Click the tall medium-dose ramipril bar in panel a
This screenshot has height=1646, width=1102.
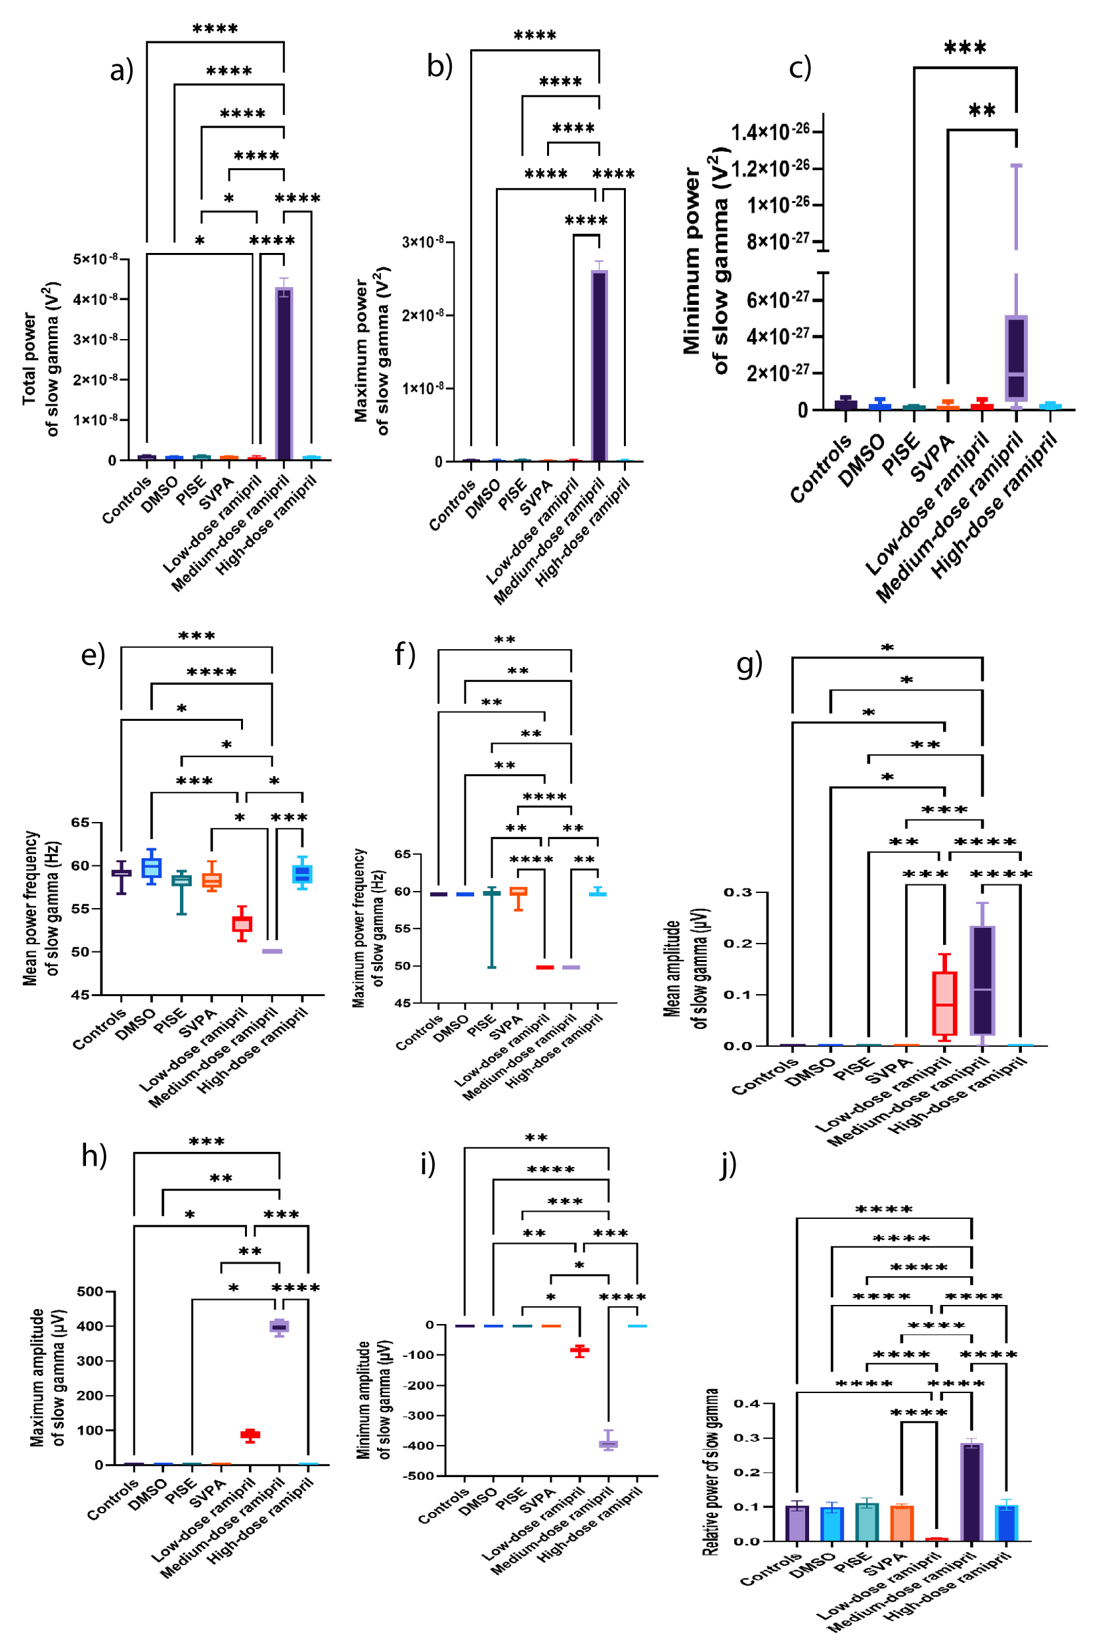point(284,373)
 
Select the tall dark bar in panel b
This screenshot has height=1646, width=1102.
point(600,365)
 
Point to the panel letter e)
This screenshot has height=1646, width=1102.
point(93,654)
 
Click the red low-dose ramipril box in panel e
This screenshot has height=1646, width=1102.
point(242,924)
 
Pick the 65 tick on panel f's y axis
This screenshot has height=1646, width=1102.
point(402,854)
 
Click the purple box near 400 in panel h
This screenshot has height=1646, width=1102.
point(279,1327)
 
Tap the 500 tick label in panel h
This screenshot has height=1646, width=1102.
point(90,1292)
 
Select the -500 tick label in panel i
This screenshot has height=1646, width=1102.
point(419,1476)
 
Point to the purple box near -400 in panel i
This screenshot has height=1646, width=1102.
point(608,1444)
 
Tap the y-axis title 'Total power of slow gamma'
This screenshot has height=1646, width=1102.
point(39,359)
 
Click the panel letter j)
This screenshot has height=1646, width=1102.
point(729,1164)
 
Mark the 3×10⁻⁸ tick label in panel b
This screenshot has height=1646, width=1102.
point(422,242)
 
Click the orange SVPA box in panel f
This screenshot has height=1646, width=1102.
point(519,892)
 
